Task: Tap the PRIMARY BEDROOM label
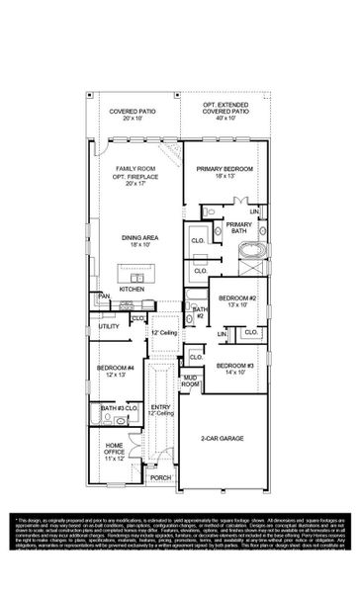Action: [225, 169]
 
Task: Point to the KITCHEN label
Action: [133, 289]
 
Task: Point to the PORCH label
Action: [160, 477]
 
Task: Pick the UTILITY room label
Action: [108, 325]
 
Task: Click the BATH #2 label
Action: [199, 312]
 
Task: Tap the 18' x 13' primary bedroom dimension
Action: [225, 176]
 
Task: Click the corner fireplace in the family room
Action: [171, 151]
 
